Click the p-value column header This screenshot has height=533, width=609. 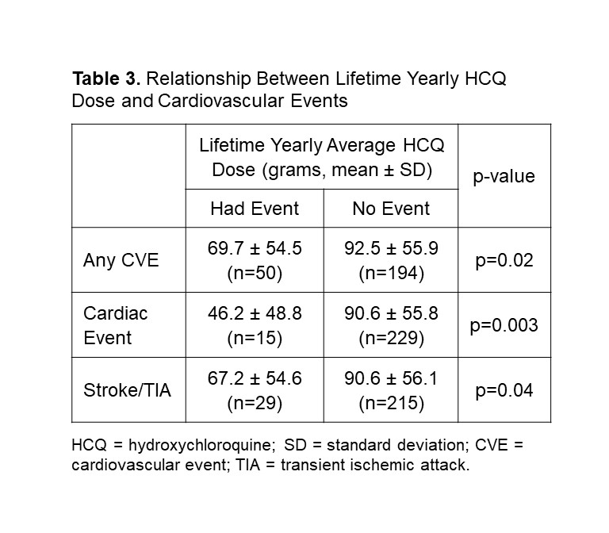(x=504, y=176)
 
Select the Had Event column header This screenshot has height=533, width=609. (x=255, y=209)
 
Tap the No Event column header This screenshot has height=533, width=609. (x=390, y=209)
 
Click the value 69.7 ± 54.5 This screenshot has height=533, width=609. (x=255, y=249)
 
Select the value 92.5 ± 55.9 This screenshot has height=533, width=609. (x=390, y=249)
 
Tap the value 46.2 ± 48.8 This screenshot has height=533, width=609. (x=255, y=313)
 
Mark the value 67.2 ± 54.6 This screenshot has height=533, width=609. (x=255, y=378)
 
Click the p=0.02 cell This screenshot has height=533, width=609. (x=504, y=259)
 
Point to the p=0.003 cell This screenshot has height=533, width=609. (x=504, y=324)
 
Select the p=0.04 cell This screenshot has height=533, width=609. (x=504, y=389)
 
